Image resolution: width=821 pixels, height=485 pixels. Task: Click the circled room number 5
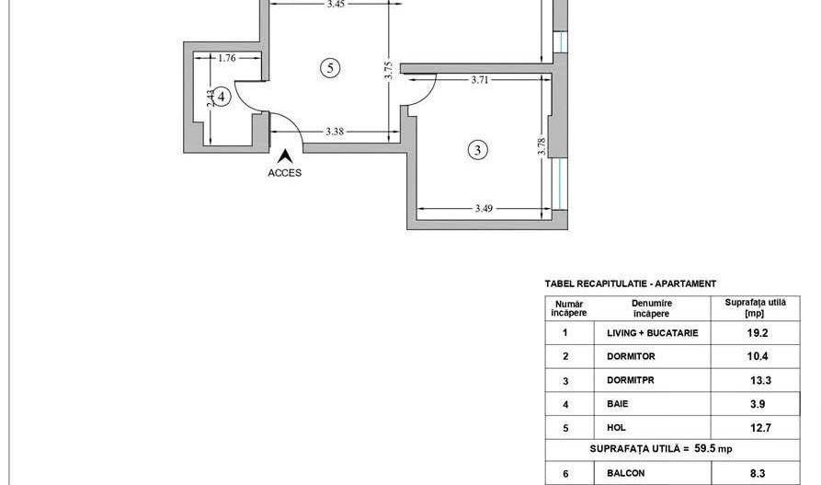pyautogui.click(x=332, y=66)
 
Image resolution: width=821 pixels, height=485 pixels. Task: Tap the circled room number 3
pyautogui.click(x=476, y=149)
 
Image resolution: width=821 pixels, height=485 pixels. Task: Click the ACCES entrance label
pyautogui.click(x=285, y=172)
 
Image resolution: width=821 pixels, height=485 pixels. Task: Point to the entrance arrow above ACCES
pyautogui.click(x=285, y=156)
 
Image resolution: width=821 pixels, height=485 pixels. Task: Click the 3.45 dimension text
pyautogui.click(x=336, y=5)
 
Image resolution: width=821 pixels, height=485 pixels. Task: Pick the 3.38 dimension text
pyautogui.click(x=335, y=132)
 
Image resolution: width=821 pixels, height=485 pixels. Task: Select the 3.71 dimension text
pyautogui.click(x=479, y=80)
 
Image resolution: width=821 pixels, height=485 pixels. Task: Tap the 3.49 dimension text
pyautogui.click(x=485, y=209)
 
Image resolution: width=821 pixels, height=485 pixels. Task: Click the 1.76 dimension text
pyautogui.click(x=226, y=58)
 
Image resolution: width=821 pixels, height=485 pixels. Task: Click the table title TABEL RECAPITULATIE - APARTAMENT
pyautogui.click(x=631, y=284)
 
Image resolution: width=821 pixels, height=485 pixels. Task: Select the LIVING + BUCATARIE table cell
pyautogui.click(x=653, y=333)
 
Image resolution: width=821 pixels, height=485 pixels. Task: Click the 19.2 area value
pyautogui.click(x=757, y=333)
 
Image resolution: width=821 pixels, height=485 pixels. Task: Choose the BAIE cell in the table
pyautogui.click(x=618, y=403)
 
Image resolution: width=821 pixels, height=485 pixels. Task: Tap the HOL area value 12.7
pyautogui.click(x=757, y=427)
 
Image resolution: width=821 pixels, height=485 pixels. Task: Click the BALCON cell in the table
pyautogui.click(x=625, y=473)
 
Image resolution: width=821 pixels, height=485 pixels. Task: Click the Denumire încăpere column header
pyautogui.click(x=651, y=308)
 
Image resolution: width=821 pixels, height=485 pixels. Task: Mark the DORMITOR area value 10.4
pyautogui.click(x=757, y=355)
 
